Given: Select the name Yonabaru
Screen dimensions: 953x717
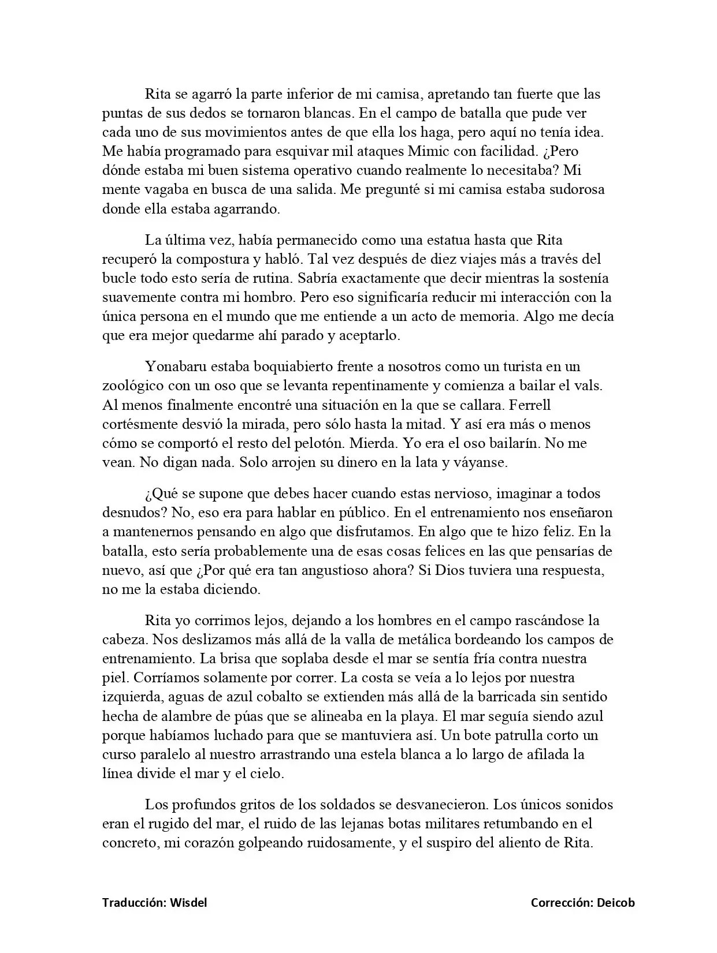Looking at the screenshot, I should point(176,367).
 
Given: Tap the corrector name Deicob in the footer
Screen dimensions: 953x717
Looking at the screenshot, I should point(616,902).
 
